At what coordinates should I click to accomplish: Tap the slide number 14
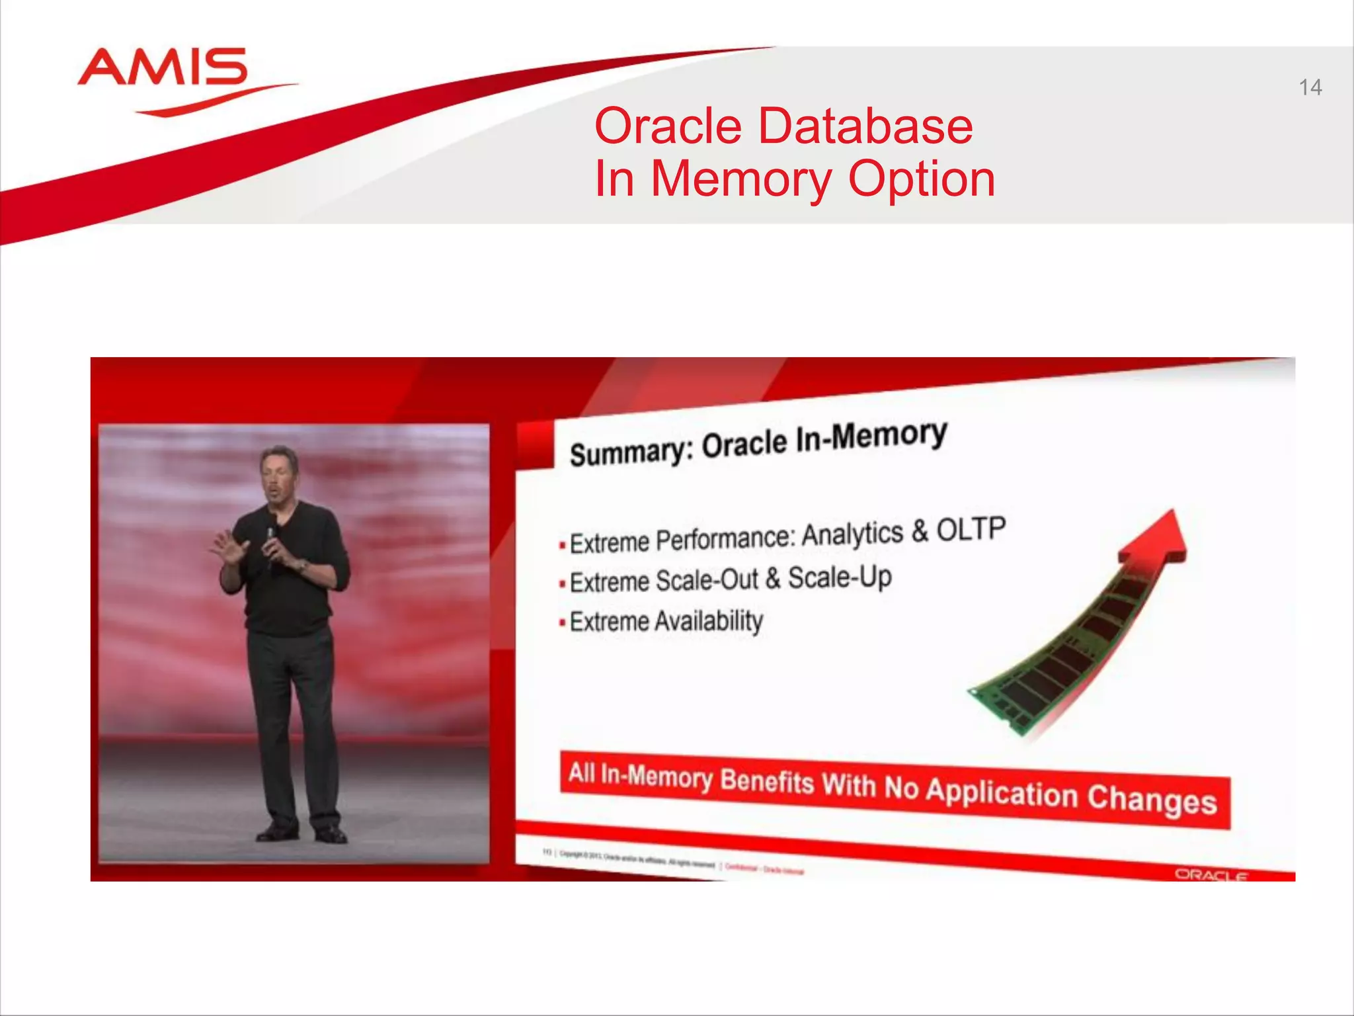point(1310,87)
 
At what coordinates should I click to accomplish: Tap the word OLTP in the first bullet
point(971,529)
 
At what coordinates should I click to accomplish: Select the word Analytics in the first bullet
point(852,534)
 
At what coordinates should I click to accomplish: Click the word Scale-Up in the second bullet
point(840,577)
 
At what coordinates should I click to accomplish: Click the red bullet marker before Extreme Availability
point(562,623)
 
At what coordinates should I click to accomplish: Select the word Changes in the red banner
point(1152,799)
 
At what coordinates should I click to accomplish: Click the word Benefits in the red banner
point(766,782)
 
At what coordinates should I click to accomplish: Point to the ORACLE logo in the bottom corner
point(1211,875)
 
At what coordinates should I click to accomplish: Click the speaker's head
point(278,474)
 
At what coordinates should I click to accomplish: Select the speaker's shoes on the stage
point(301,833)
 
